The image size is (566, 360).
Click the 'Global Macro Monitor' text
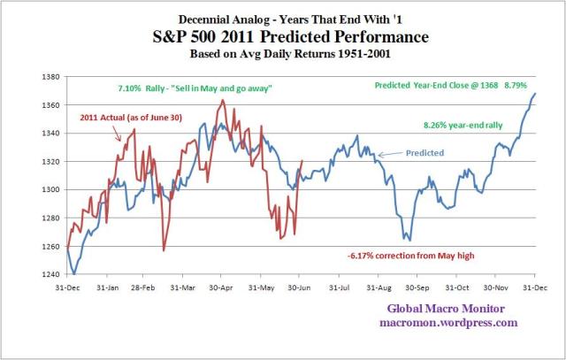(x=451, y=309)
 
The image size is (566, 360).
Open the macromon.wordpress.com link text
(x=451, y=323)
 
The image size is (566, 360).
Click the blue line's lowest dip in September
(x=409, y=240)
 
